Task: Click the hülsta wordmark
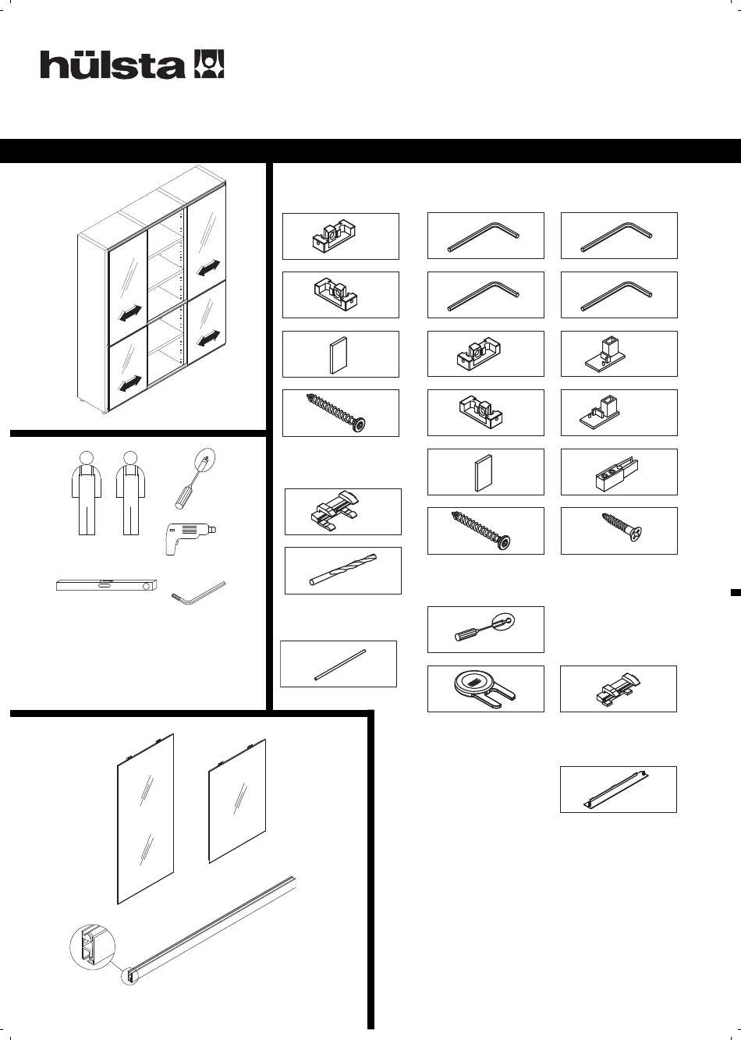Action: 112,65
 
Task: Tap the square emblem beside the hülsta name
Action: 208,64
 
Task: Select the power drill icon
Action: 190,538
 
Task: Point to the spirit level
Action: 106,585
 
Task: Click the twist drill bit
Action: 343,570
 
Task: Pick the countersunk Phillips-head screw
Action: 622,527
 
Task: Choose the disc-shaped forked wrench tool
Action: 484,689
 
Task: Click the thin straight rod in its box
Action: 340,665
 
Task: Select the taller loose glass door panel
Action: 145,819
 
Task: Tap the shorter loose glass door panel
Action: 237,801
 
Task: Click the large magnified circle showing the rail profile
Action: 92,946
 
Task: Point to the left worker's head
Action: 87,458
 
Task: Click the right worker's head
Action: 130,458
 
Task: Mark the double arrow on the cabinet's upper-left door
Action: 130,313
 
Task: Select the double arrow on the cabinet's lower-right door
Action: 208,339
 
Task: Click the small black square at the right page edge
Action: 736,592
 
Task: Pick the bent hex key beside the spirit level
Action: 198,594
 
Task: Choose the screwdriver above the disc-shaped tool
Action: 484,628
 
